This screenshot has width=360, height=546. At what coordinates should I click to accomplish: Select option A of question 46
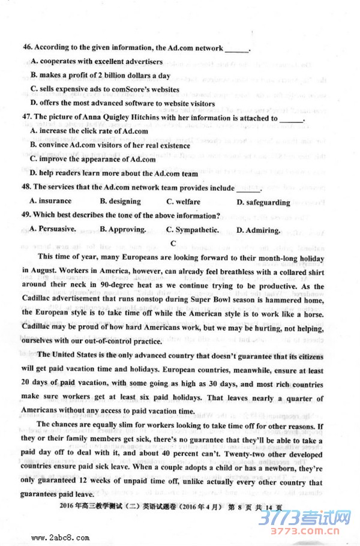click(x=34, y=61)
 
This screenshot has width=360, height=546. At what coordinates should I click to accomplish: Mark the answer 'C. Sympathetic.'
click(x=193, y=230)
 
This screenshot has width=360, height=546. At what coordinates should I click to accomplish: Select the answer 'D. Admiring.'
click(x=258, y=230)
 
